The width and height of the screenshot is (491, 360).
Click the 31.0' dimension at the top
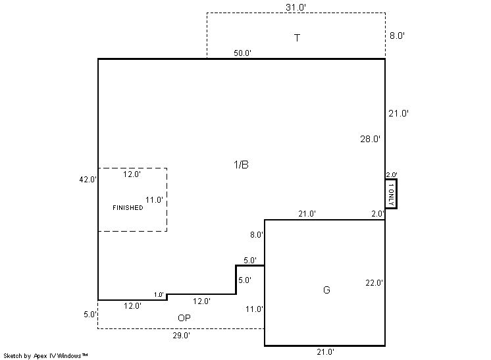coord(296,7)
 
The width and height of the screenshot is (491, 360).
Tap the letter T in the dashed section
coord(297,38)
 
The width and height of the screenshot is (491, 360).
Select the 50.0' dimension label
coord(242,53)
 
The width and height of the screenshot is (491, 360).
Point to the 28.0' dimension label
coord(370,139)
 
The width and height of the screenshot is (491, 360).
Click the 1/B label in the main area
coord(241,165)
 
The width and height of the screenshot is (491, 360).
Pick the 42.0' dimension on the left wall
coord(88,180)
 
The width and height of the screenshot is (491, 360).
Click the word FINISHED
coord(128,207)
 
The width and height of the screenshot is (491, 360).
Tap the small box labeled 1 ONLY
coord(391,193)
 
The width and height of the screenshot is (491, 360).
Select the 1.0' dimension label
coord(159,295)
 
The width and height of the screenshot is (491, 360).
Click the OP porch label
coord(184,318)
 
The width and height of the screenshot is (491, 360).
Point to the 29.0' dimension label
coord(181,335)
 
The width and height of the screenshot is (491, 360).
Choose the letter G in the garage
coord(326,290)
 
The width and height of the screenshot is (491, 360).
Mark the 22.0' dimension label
coord(374,283)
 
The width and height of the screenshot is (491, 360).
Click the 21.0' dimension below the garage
coord(325,352)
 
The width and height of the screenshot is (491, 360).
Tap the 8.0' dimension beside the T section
coord(397,36)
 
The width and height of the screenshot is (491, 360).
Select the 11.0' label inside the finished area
coord(154,199)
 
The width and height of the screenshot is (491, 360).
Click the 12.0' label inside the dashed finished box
coord(132,174)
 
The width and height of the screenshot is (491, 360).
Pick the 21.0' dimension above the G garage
coord(307,213)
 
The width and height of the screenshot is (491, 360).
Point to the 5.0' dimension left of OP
coord(90,315)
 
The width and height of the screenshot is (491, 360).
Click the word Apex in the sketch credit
coord(40,356)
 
